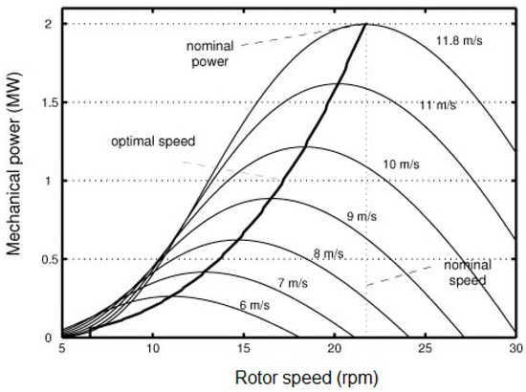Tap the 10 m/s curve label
pos(402,164)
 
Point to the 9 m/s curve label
pos(362,217)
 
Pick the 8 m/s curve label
pos(328,253)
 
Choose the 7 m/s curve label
pos(294,283)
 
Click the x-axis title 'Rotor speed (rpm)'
pos(288,377)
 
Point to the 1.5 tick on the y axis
pos(44,102)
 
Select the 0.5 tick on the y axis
pos(44,259)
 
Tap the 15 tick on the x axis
pos(244,349)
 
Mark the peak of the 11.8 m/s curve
pos(367,24)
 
